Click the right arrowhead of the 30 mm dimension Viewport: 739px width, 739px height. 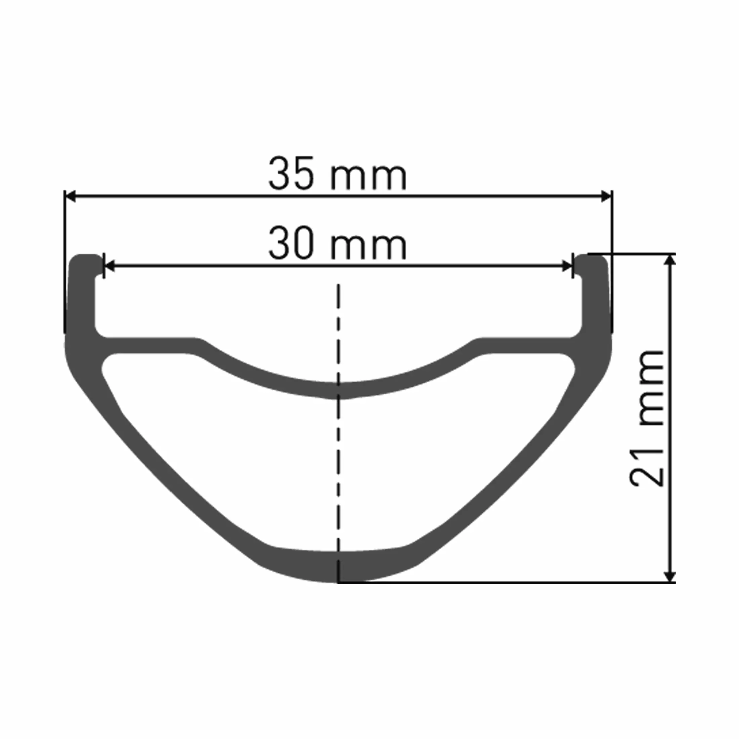coord(567,266)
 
